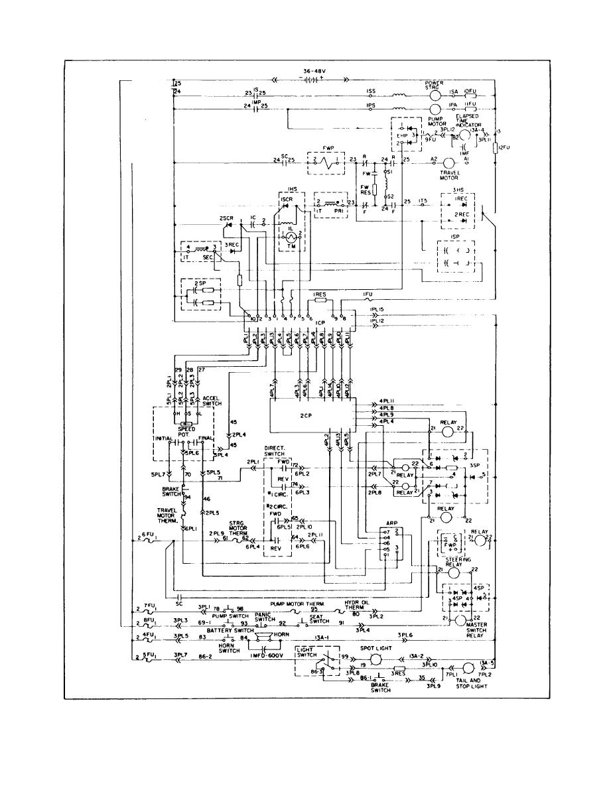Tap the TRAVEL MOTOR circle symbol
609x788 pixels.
pos(449,163)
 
